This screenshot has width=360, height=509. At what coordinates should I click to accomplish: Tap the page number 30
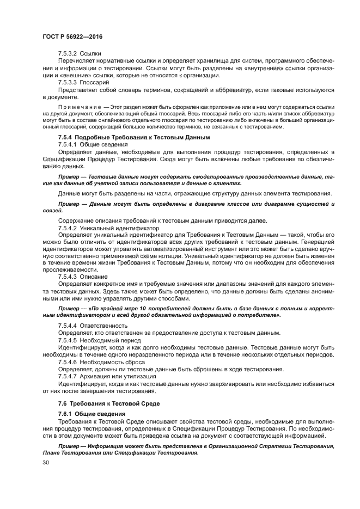point(46,463)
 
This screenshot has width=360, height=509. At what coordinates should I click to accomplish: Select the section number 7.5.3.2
point(68,55)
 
